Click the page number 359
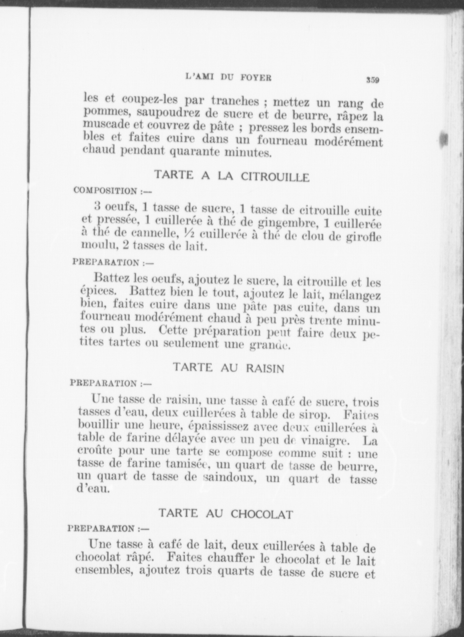pyautogui.click(x=372, y=80)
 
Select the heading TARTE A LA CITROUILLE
pyautogui.click(x=232, y=176)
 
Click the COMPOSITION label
pyautogui.click(x=105, y=191)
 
